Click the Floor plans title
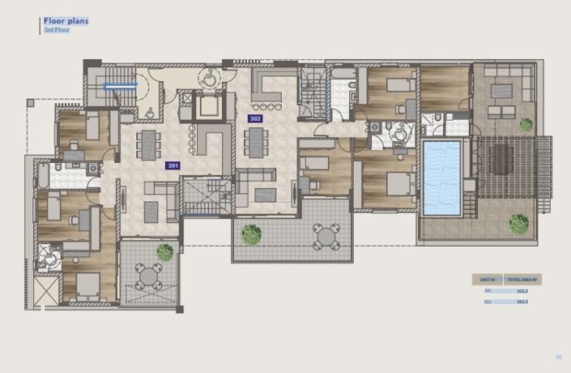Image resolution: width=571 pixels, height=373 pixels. tap(66, 21)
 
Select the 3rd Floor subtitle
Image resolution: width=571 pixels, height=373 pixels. tap(57, 30)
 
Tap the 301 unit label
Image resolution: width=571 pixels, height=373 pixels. tap(173, 165)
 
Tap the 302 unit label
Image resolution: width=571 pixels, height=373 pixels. tap(255, 118)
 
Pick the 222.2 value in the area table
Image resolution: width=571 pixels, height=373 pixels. tap(522, 290)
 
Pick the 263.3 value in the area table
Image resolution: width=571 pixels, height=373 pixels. tap(522, 302)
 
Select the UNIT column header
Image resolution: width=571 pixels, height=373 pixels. tap(488, 279)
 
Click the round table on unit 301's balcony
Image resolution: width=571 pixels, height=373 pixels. tap(149, 277)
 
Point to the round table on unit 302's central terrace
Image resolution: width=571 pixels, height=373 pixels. tap(326, 236)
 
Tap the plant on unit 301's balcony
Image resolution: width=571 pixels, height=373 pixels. tap(165, 252)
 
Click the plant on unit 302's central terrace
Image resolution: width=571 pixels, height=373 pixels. tap(251, 234)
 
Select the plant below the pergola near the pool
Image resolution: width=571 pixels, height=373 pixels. tap(518, 222)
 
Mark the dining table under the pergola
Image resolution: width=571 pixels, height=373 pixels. tap(501, 159)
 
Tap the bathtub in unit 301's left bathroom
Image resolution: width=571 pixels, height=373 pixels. tap(41, 174)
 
